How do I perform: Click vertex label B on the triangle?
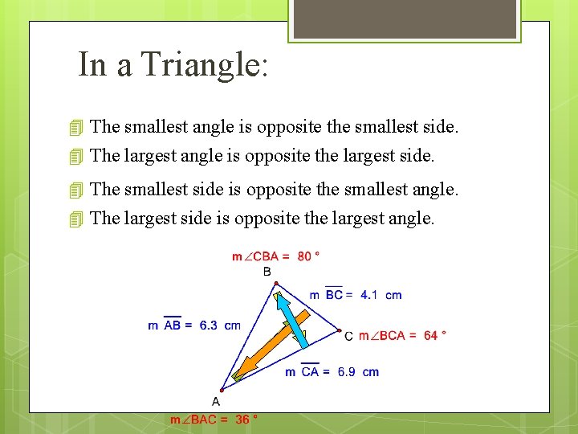pos(267,272)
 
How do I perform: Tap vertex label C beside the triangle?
pos(348,336)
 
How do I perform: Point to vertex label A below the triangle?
pos(215,400)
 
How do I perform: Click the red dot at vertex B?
pos(275,284)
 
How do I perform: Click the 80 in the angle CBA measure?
pos(304,256)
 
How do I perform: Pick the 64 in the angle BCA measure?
pos(430,335)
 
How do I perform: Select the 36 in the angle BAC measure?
pos(242,419)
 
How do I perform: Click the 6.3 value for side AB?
pos(208,325)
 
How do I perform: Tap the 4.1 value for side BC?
pos(368,295)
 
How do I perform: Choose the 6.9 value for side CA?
pos(346,372)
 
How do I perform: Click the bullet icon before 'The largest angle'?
pos(76,155)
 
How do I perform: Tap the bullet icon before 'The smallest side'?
pos(76,190)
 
